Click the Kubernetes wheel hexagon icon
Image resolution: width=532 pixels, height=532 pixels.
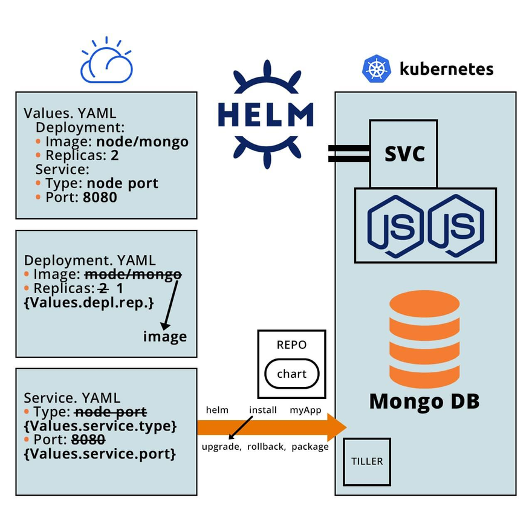(x=377, y=68)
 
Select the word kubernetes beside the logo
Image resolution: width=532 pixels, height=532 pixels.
(x=446, y=69)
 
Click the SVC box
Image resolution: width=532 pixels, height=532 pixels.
(x=403, y=154)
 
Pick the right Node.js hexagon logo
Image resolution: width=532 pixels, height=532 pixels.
(x=456, y=225)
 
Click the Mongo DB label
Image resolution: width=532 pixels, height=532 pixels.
(x=424, y=401)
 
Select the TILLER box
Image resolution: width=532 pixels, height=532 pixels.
(x=367, y=461)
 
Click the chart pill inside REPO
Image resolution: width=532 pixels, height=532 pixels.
(x=291, y=374)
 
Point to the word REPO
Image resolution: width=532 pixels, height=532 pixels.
(x=291, y=345)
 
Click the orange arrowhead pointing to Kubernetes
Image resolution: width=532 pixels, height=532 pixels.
(x=336, y=427)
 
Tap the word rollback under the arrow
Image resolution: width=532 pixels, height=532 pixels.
(x=266, y=447)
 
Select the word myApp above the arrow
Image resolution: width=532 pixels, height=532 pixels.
(x=305, y=410)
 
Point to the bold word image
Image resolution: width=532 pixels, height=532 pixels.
(x=165, y=336)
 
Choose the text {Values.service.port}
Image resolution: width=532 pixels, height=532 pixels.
(x=100, y=453)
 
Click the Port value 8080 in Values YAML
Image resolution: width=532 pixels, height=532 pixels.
(x=100, y=198)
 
